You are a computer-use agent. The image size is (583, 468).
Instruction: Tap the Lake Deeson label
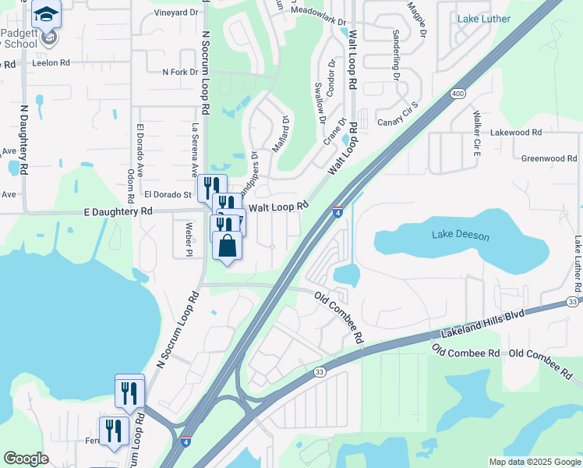pyautogui.click(x=461, y=235)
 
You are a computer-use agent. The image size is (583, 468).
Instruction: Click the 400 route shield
pyautogui.click(x=458, y=94)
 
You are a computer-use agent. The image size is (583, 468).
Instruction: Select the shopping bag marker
pyautogui.click(x=227, y=246)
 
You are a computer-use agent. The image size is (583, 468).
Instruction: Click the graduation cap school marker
pyautogui.click(x=47, y=14)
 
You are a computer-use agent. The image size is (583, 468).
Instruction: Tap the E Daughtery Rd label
pyautogui.click(x=118, y=211)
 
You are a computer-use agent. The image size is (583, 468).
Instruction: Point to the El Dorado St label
pyautogui.click(x=168, y=194)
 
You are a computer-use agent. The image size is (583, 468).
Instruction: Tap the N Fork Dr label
pyautogui.click(x=180, y=73)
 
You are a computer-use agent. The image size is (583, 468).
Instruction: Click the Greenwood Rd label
pyautogui.click(x=549, y=158)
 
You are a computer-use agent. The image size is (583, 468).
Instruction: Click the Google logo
pyautogui.click(x=26, y=459)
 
